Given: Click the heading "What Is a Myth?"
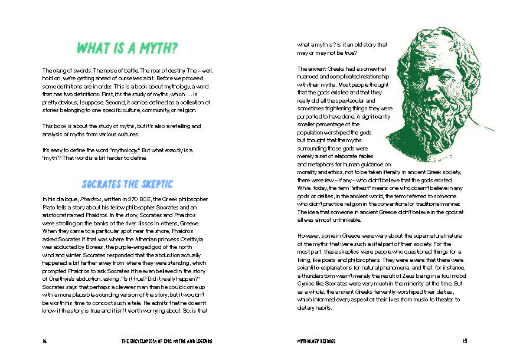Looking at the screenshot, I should click(x=128, y=47).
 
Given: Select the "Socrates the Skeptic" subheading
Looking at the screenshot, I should click(x=127, y=184).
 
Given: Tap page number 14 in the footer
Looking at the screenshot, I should click(x=44, y=340).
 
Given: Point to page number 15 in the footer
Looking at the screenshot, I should click(x=465, y=340).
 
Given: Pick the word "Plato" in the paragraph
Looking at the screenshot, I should click(x=50, y=208).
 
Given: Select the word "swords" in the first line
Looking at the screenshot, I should click(x=75, y=71).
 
